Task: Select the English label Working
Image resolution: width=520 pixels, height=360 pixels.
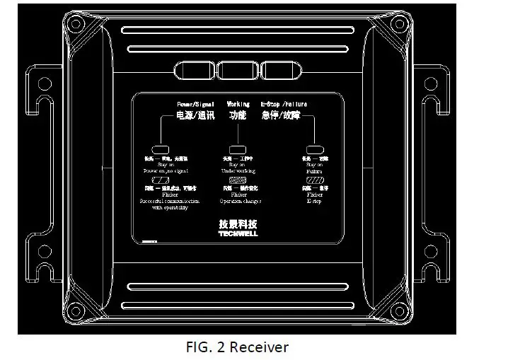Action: pos(238,104)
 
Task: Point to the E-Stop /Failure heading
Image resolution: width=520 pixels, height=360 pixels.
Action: pos(284,104)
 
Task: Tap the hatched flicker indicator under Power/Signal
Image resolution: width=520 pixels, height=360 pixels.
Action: pos(160,181)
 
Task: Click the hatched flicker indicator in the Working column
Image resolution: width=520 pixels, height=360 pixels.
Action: pos(237,180)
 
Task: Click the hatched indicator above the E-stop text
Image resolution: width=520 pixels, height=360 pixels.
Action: pos(313,180)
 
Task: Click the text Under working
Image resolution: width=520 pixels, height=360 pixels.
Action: pos(238,170)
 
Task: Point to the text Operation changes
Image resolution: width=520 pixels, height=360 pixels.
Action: pos(240,201)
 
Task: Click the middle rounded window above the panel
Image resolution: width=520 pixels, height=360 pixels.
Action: pos(237,71)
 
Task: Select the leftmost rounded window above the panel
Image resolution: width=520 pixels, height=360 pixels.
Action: pos(193,71)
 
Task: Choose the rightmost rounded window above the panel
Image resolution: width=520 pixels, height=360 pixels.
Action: pos(282,71)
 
